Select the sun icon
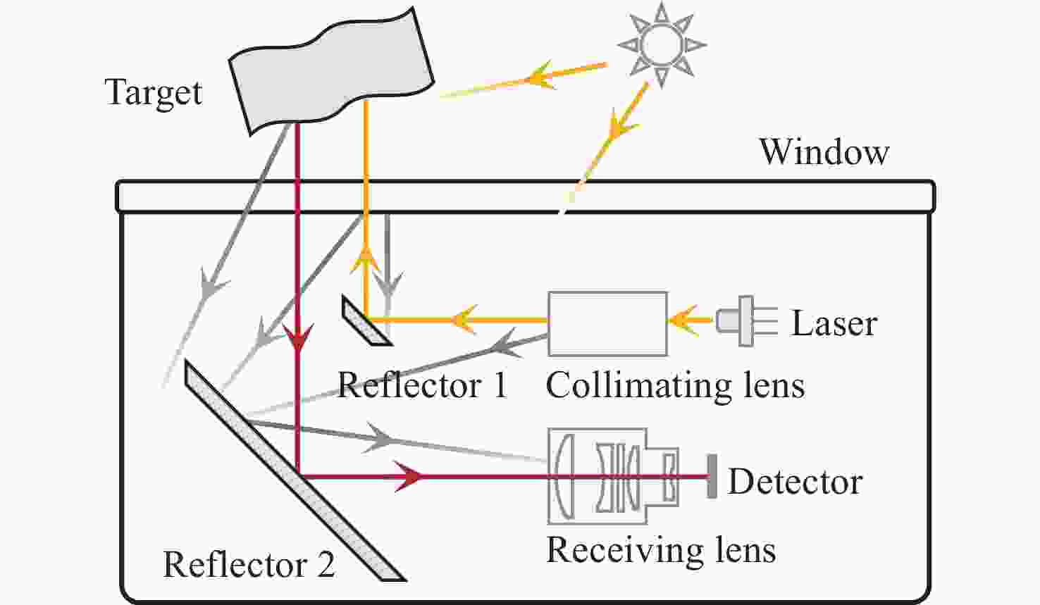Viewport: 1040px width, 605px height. [x=661, y=44]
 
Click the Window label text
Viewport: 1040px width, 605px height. [x=824, y=152]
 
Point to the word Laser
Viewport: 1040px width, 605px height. [x=834, y=324]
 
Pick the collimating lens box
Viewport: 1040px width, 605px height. [x=607, y=323]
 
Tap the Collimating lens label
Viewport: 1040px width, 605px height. [x=674, y=386]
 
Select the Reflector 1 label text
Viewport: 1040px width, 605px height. [x=422, y=386]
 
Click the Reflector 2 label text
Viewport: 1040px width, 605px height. [x=249, y=565]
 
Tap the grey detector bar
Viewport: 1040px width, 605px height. [x=712, y=477]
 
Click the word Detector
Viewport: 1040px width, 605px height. [x=795, y=482]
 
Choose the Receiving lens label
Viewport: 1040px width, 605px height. [x=661, y=550]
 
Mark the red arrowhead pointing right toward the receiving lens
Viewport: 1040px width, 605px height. [x=409, y=477]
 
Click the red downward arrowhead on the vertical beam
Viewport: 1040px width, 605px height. [x=298, y=341]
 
